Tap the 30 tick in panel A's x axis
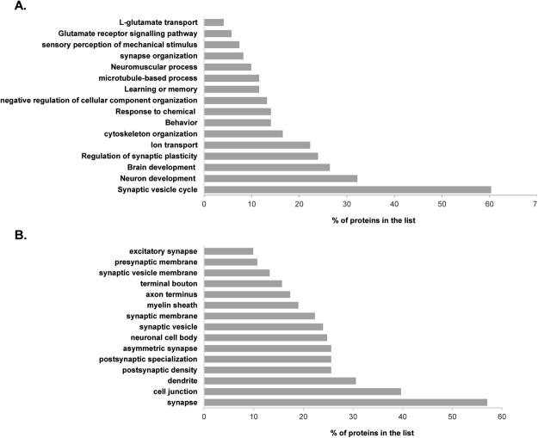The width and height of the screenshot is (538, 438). click(x=346, y=205)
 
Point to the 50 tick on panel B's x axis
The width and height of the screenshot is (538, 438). click(x=452, y=417)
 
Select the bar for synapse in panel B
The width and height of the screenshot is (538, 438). click(x=345, y=402)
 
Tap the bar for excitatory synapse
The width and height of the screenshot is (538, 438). click(x=229, y=251)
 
